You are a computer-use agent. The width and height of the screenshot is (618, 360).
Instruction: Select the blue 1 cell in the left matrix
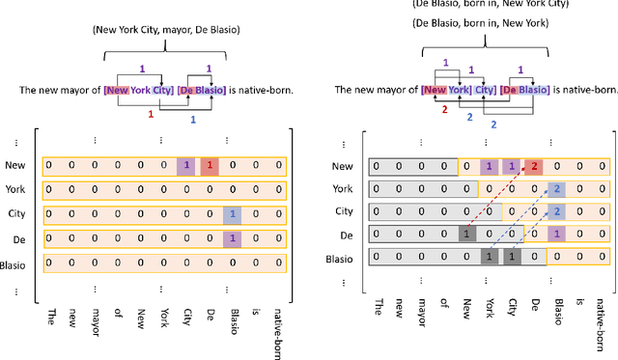point(232,186)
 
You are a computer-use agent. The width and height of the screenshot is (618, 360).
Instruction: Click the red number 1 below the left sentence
point(150,114)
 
